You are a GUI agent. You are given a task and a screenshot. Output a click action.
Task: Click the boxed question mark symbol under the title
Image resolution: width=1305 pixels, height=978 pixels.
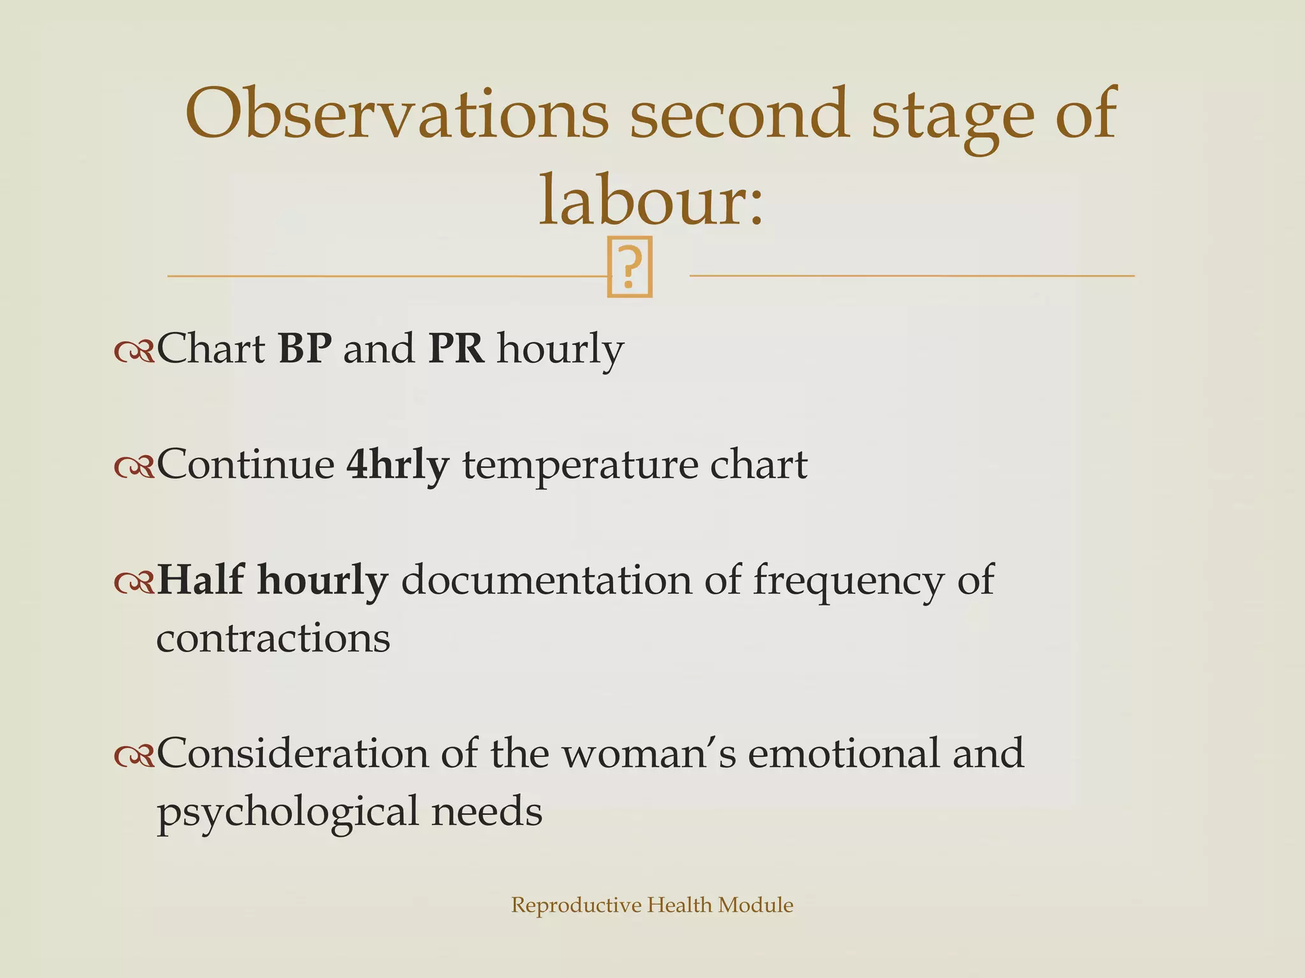pyautogui.click(x=630, y=267)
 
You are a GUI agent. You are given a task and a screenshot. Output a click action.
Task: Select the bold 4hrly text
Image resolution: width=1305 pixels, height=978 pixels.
pyautogui.click(x=397, y=465)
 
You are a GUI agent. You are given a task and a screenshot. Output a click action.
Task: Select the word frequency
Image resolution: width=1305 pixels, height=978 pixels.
pyautogui.click(x=848, y=581)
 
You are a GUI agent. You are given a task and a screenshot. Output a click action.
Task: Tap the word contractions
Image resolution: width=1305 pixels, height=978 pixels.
pyautogui.click(x=273, y=638)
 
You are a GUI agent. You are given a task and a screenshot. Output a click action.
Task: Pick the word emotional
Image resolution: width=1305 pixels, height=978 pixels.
pyautogui.click(x=844, y=753)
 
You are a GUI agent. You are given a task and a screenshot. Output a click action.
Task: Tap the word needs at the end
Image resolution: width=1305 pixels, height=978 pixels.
pyautogui.click(x=487, y=812)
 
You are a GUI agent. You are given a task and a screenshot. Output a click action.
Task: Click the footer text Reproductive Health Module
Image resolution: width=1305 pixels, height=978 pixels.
pyautogui.click(x=652, y=905)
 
